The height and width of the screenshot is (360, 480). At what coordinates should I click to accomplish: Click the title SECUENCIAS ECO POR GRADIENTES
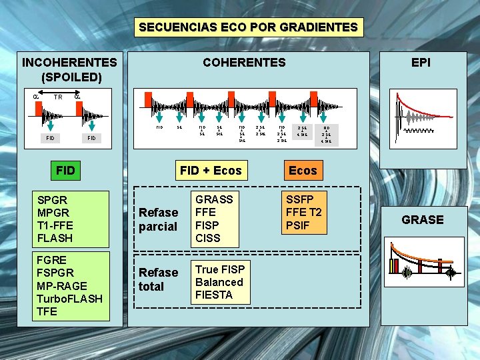tap(248, 27)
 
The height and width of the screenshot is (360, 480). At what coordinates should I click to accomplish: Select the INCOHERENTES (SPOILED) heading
tap(69, 69)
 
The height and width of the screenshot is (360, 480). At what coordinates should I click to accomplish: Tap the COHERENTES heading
tap(244, 63)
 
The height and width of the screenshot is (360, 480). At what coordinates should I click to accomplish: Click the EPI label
tap(421, 63)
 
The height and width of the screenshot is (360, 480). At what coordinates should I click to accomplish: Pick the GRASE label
tap(422, 220)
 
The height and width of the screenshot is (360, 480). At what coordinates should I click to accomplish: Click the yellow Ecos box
tap(303, 171)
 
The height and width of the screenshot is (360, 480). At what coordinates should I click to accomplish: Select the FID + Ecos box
tap(211, 171)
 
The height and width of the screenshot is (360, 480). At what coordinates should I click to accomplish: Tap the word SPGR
tap(53, 199)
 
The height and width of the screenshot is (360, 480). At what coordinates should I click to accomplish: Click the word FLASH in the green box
tap(55, 237)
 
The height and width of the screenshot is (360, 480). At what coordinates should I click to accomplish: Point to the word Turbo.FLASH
tap(69, 298)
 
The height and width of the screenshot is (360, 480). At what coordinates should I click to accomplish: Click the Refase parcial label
tap(158, 219)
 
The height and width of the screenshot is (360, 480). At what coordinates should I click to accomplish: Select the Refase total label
tap(158, 279)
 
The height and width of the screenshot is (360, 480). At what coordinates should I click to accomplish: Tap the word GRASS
tap(213, 199)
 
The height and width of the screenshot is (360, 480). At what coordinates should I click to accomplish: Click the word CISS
tap(208, 237)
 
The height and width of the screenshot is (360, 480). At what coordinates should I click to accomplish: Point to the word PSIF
tap(299, 225)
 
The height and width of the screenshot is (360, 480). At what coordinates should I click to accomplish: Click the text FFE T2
tap(303, 212)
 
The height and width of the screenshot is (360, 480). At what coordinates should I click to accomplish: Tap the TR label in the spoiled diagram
tap(58, 97)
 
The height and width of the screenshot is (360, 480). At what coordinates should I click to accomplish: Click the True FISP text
tap(219, 269)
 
